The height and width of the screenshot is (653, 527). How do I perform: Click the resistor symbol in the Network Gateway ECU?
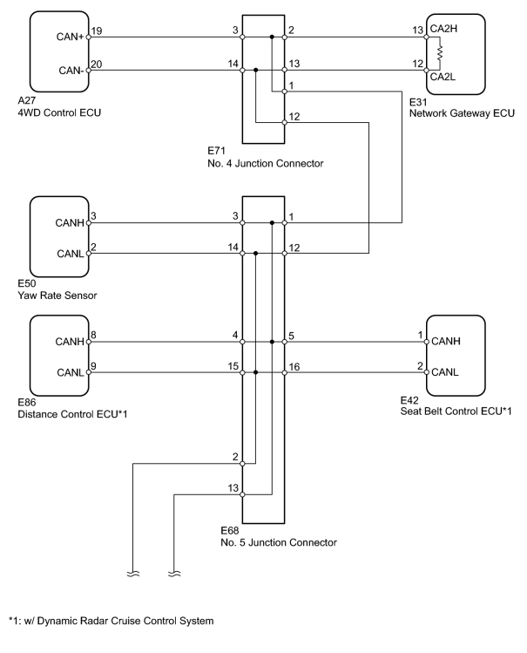click(x=440, y=53)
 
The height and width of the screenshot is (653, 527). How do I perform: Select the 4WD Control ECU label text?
click(x=59, y=112)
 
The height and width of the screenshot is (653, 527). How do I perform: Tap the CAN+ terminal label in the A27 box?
click(x=71, y=37)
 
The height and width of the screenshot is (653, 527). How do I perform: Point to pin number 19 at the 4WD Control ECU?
click(x=97, y=31)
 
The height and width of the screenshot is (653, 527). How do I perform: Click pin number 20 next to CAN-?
click(x=97, y=65)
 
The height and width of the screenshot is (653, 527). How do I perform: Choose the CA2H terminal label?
click(x=443, y=28)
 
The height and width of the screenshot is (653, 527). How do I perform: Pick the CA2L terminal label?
click(x=443, y=77)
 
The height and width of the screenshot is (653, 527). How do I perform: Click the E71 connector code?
click(x=216, y=151)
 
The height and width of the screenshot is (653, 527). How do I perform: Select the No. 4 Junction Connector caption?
click(x=266, y=163)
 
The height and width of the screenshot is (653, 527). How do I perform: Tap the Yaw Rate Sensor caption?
click(x=57, y=296)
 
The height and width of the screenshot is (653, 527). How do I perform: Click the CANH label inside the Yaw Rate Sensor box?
click(x=70, y=223)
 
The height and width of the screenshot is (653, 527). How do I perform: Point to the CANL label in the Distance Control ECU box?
click(x=71, y=372)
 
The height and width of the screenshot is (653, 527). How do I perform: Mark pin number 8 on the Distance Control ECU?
click(x=93, y=336)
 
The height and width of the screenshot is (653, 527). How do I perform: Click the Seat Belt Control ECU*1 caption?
click(x=456, y=412)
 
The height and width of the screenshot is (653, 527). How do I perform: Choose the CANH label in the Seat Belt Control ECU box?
click(x=446, y=341)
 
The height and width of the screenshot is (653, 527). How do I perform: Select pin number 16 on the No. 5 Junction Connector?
click(x=294, y=367)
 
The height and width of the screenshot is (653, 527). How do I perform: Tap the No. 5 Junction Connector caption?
click(x=279, y=542)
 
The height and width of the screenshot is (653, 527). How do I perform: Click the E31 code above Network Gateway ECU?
click(x=418, y=103)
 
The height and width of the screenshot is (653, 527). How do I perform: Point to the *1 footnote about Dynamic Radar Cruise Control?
click(x=111, y=621)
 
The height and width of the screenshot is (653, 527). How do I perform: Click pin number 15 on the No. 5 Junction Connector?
click(x=233, y=366)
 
